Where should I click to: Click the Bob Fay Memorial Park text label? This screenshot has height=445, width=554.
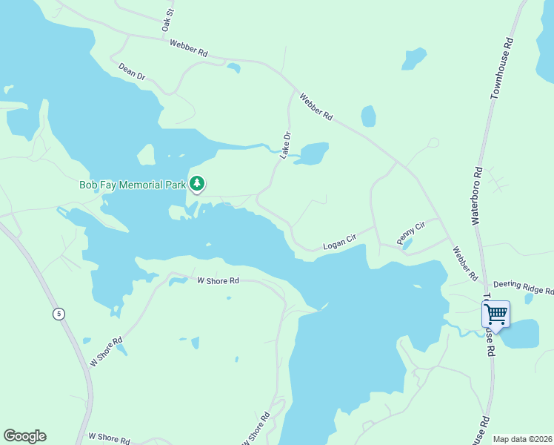point(132,184)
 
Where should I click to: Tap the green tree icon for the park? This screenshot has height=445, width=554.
point(197,183)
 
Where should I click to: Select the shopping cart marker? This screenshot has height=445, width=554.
point(495,314)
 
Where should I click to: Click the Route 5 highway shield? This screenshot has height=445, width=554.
point(59,314)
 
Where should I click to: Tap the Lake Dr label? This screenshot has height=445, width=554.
point(285,145)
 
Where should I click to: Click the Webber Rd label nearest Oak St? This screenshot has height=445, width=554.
point(188,48)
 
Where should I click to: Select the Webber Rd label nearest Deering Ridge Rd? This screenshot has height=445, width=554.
point(467,263)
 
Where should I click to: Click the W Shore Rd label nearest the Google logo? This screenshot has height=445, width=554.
point(109,438)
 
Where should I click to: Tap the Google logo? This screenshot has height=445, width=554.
point(24,436)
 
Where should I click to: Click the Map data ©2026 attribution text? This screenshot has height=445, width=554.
point(522,439)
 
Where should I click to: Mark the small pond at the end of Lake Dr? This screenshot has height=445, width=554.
point(313,153)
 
